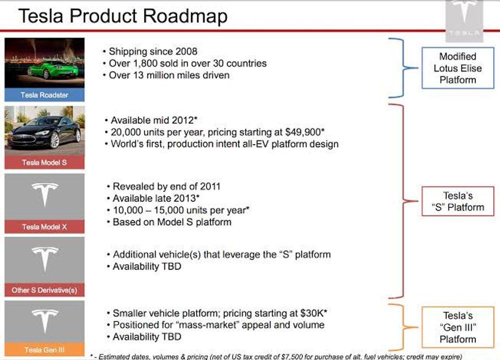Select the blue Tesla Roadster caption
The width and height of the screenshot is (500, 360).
44,95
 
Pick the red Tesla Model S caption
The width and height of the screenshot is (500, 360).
44,162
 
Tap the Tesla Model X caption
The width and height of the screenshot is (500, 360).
44,226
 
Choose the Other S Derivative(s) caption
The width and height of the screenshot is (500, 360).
44,290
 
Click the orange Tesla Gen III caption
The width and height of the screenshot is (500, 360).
44,349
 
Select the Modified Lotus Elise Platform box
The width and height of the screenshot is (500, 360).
457,68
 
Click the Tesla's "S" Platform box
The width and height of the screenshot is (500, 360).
457,201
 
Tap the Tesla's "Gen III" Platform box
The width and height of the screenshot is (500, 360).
457,327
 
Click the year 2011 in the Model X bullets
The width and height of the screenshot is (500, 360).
210,186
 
